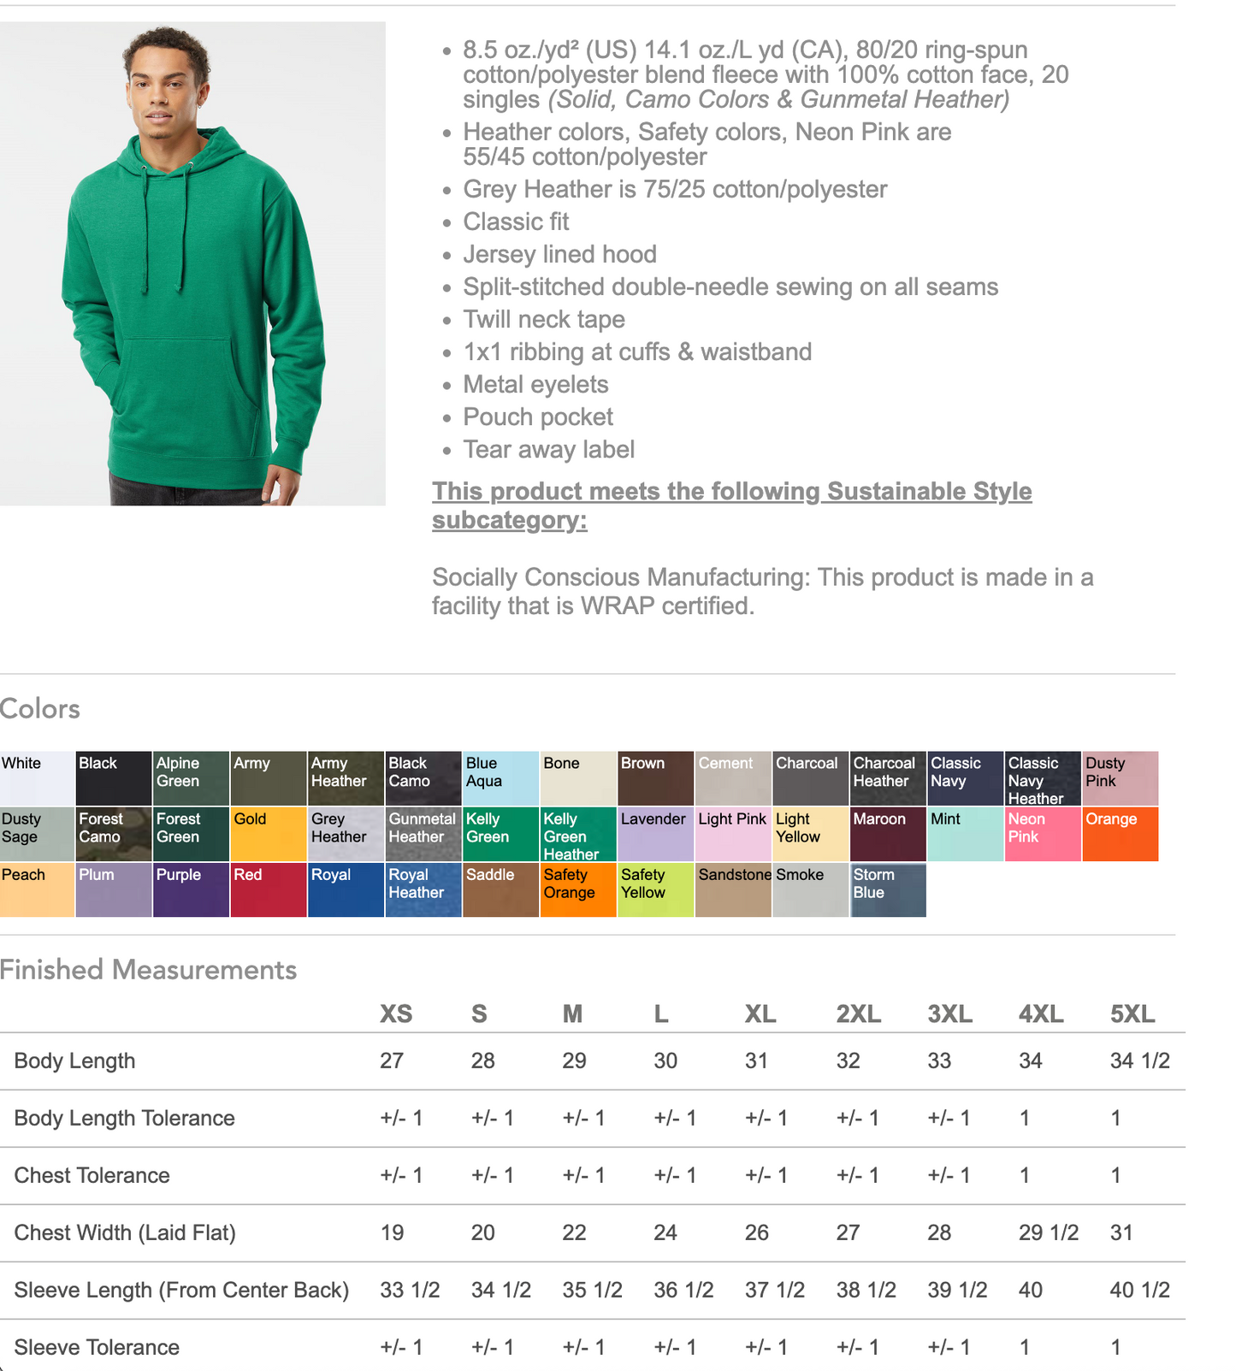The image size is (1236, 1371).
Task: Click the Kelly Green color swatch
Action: (x=500, y=834)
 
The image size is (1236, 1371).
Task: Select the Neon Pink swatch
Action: (x=1043, y=834)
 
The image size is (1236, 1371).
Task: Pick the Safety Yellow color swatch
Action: (x=655, y=889)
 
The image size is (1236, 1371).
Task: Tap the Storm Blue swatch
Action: (x=888, y=889)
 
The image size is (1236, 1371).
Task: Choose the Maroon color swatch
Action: (x=888, y=834)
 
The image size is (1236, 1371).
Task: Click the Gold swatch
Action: (x=268, y=834)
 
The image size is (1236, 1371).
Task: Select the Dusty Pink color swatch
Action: (x=1120, y=778)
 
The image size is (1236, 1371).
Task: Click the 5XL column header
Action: (x=1132, y=1014)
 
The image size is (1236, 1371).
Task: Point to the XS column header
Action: (x=396, y=1014)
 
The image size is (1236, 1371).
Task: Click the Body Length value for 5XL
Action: (x=1139, y=1061)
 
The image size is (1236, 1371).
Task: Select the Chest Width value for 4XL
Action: (x=1048, y=1232)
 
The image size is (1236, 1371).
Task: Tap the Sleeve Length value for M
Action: (x=592, y=1290)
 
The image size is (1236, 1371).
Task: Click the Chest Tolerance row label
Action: (x=92, y=1175)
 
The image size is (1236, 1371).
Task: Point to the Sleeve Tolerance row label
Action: (x=97, y=1347)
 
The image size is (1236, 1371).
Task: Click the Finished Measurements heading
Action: (x=149, y=970)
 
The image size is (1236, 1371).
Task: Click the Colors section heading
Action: (x=40, y=709)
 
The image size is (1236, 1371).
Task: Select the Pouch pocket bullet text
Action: (x=538, y=417)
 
